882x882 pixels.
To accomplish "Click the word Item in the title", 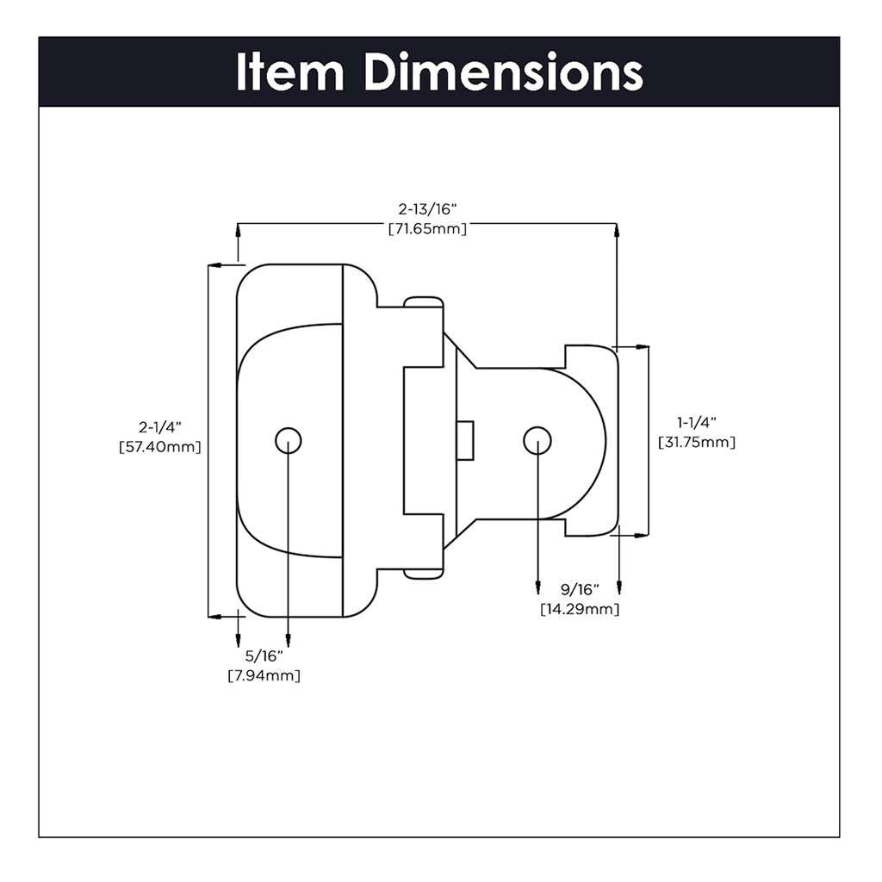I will coord(290,72).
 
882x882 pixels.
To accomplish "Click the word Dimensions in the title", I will coord(503,72).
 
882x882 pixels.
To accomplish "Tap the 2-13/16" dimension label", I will coord(427,208).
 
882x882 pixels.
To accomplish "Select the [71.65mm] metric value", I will coord(427,229).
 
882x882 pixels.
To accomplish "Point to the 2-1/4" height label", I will coord(160,426).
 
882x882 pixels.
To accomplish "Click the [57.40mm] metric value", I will coord(160,447).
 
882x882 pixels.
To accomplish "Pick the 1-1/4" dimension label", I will coord(696,422).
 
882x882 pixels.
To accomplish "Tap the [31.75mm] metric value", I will coord(696,443).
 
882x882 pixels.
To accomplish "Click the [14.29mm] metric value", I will coord(579,610).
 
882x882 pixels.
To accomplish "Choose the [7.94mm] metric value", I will coord(264,676).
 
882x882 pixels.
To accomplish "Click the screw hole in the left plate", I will coord(289,440).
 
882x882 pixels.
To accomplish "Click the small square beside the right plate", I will coord(465,440).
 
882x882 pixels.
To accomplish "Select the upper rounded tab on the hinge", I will coord(424,301).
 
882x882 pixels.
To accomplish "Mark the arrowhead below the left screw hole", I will coord(289,641).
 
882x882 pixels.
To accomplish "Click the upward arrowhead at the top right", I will coord(617,230).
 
